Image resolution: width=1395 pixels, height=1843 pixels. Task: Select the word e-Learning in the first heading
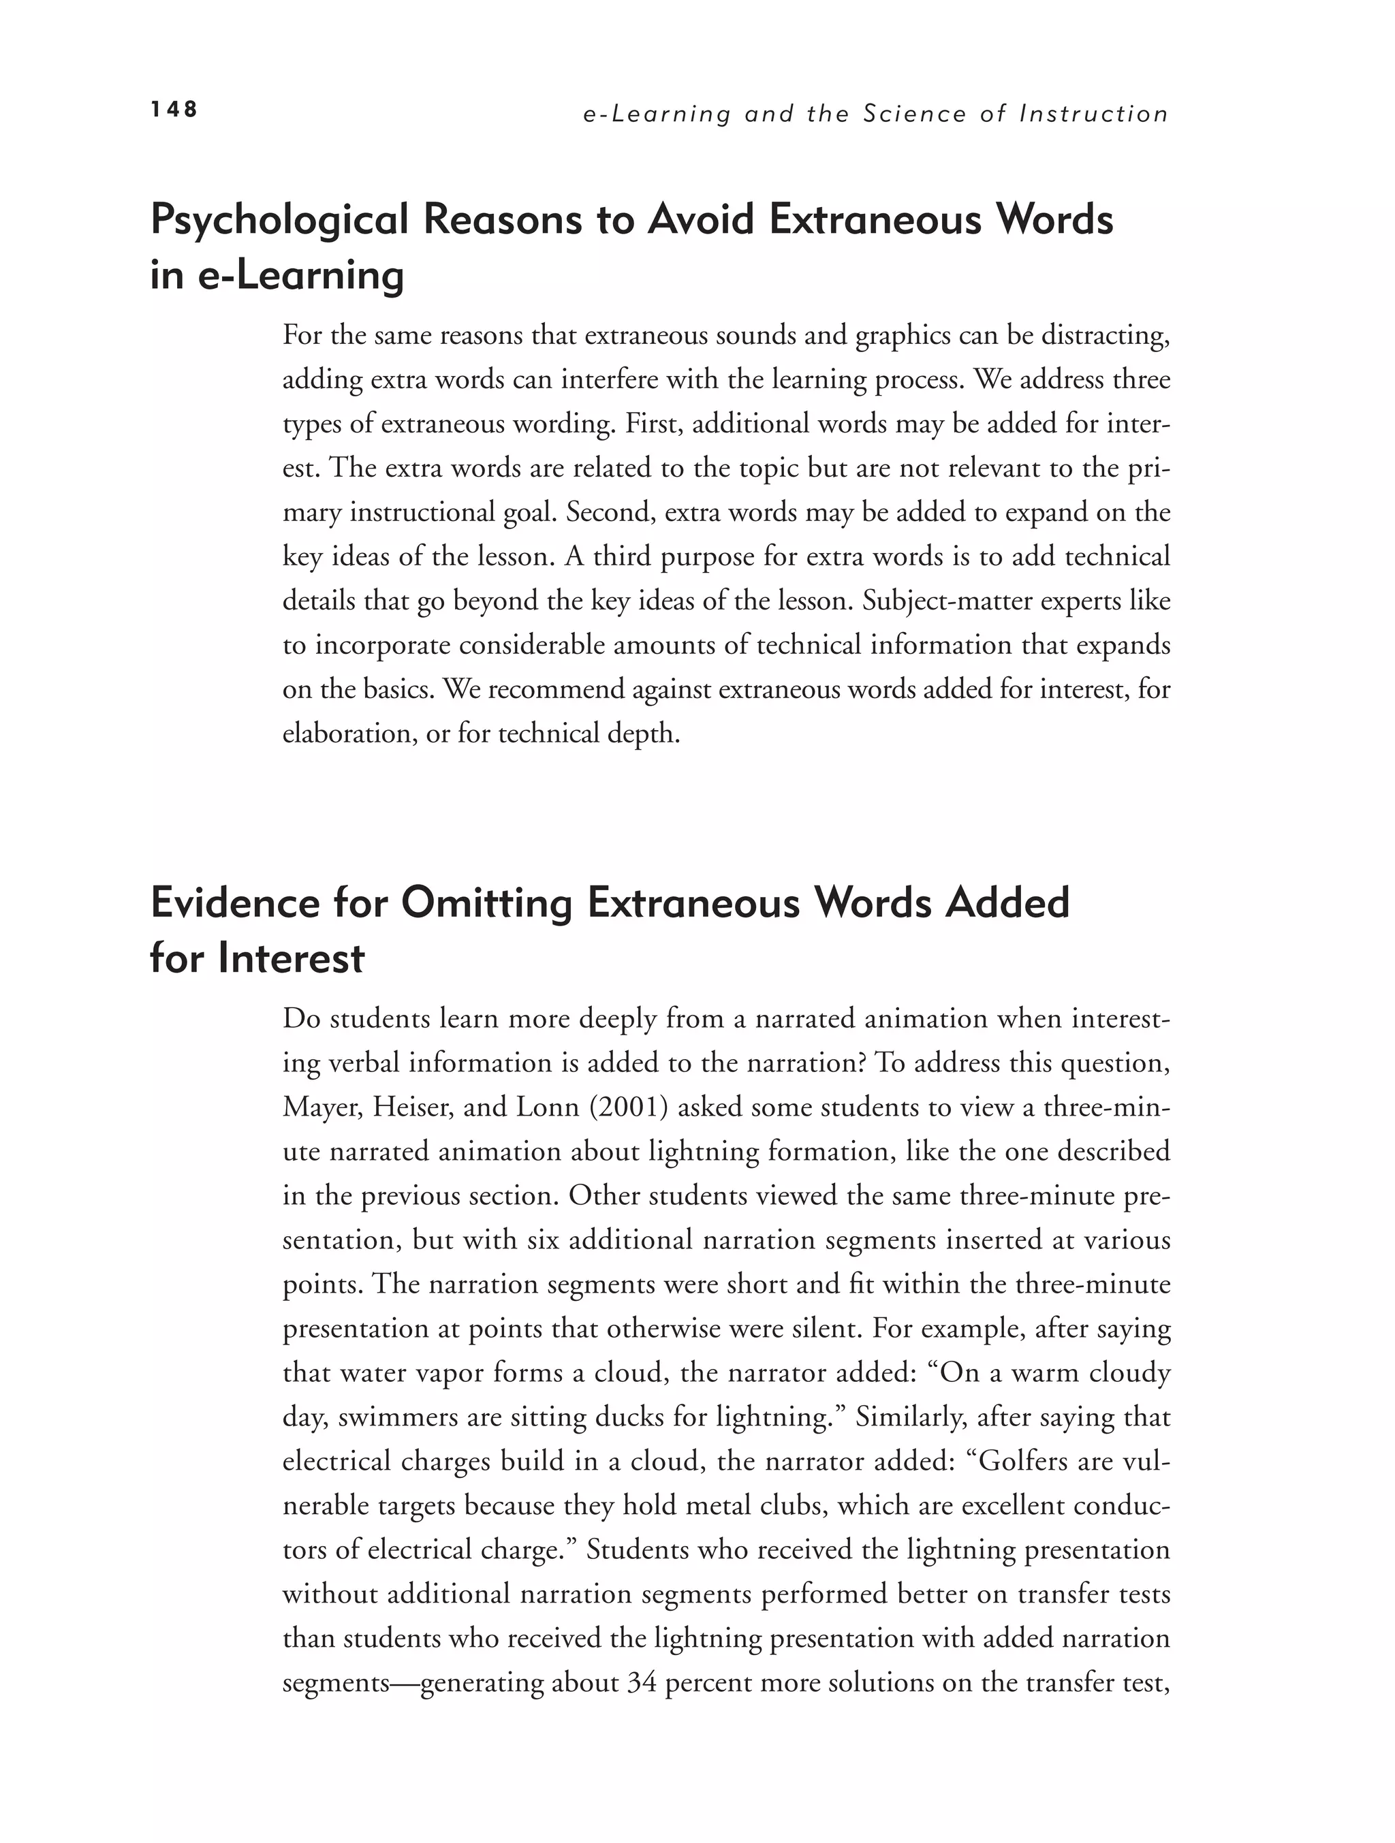point(301,275)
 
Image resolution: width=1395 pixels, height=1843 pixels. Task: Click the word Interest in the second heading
point(291,958)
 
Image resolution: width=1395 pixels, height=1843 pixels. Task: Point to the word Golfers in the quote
point(1019,1462)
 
